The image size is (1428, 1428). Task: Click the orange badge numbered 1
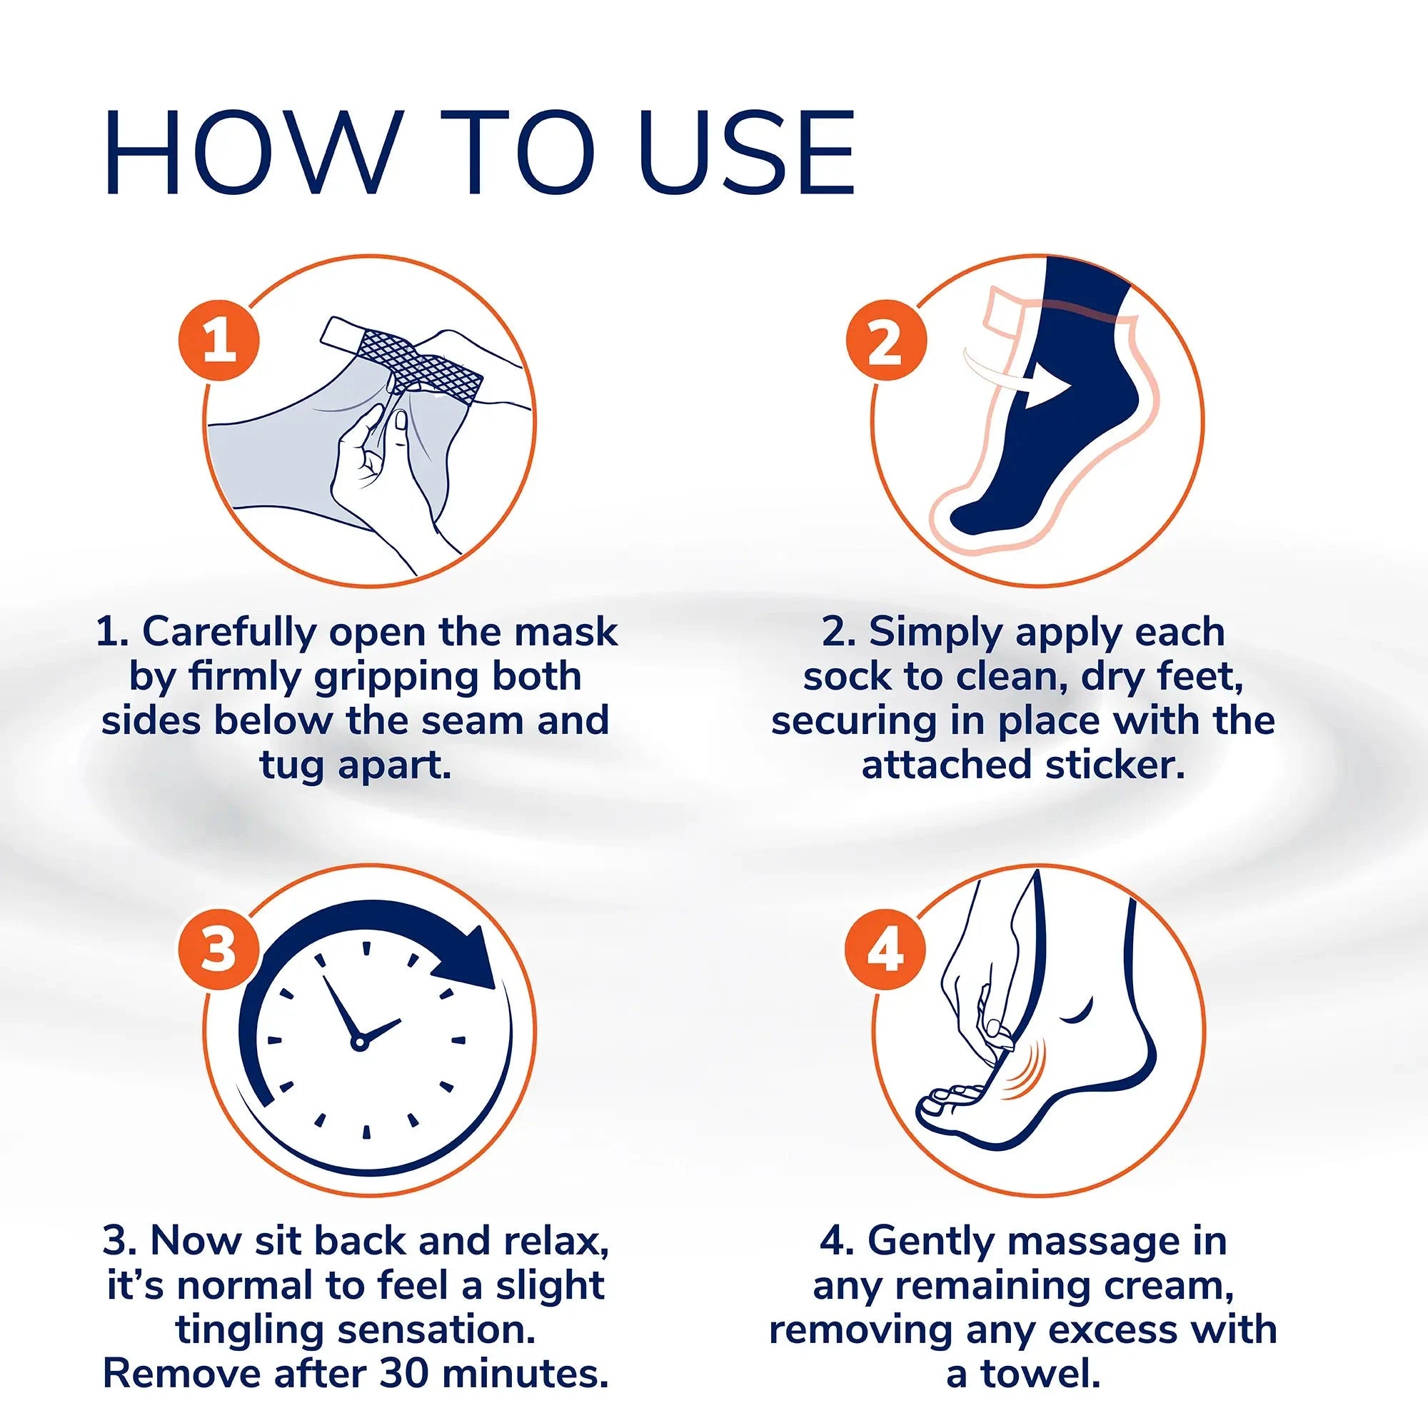click(218, 344)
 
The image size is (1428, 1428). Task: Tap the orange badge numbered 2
click(885, 344)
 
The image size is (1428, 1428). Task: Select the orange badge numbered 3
click(218, 950)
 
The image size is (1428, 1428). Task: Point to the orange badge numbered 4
click(885, 950)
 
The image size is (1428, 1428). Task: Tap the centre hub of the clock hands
click(359, 1043)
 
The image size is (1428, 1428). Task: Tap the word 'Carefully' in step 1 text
click(229, 632)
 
